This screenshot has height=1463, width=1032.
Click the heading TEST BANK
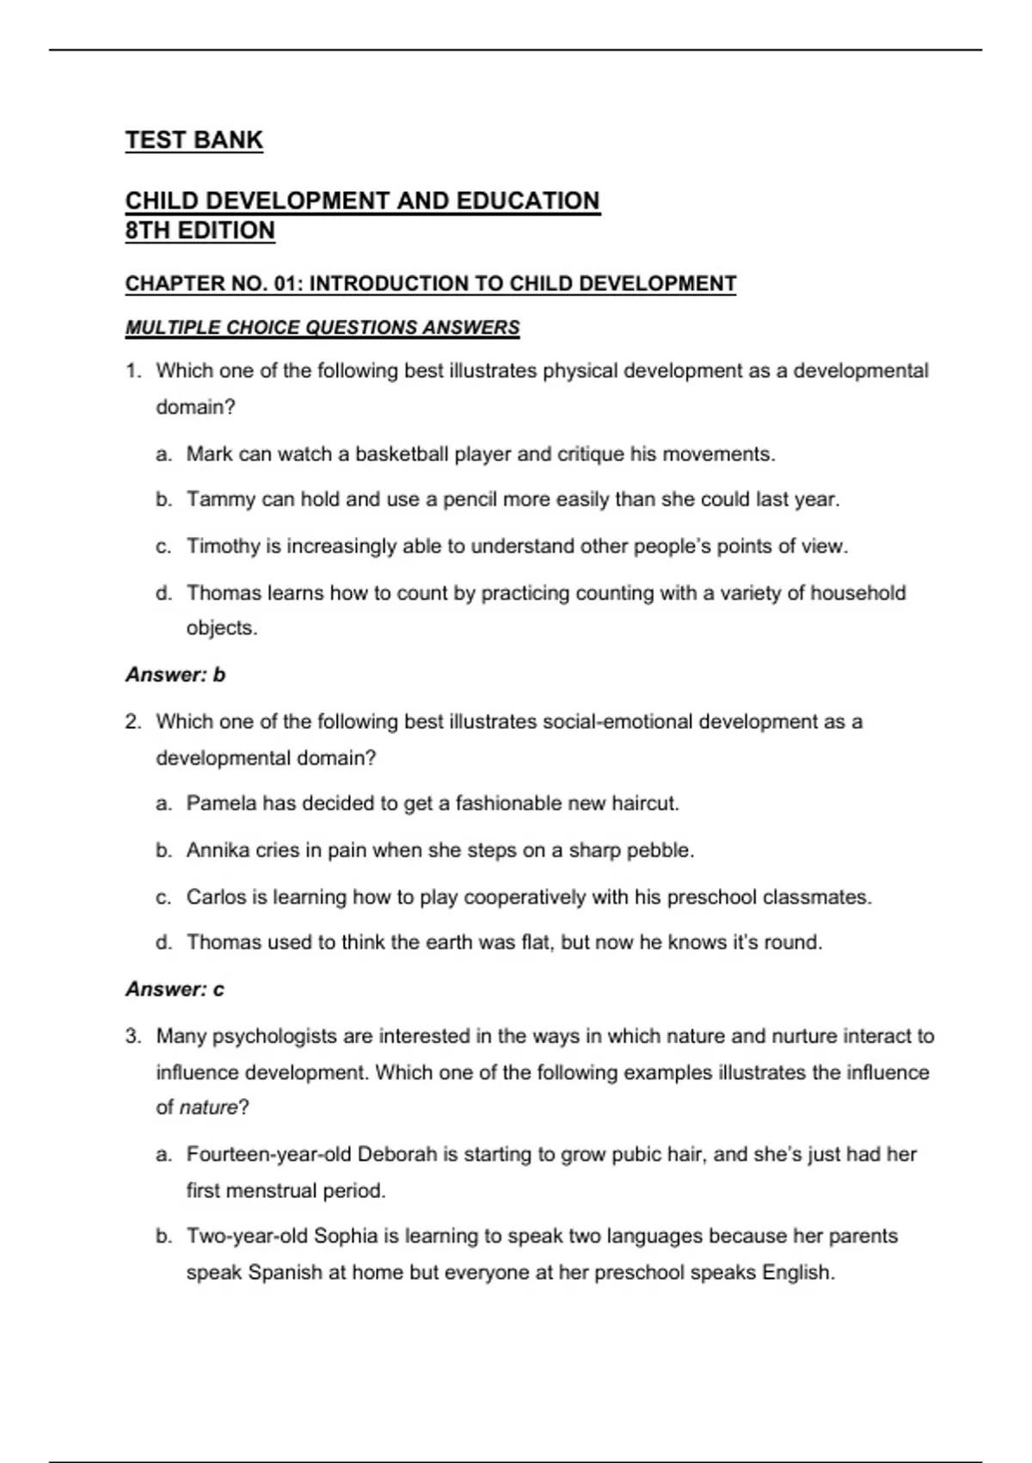click(193, 140)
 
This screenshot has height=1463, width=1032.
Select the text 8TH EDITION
click(200, 231)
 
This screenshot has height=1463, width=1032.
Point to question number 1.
click(132, 371)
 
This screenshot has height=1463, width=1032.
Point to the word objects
click(221, 628)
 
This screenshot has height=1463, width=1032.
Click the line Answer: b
click(175, 675)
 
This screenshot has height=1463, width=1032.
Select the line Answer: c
click(175, 990)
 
